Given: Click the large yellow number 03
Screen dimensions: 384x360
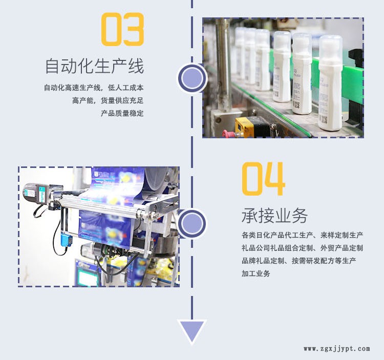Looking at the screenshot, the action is (122, 29).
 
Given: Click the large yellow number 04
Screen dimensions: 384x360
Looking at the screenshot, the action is (264, 179).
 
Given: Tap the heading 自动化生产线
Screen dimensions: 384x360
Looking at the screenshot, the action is (95, 66).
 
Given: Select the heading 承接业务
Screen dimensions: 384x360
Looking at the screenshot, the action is (274, 216).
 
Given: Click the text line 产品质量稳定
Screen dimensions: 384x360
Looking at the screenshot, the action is (122, 113).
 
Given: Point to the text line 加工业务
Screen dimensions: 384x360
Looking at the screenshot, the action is (256, 273).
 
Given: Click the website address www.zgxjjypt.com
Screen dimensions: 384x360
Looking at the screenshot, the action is (337, 349).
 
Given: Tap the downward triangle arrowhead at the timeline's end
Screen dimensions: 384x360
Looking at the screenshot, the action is (192, 331).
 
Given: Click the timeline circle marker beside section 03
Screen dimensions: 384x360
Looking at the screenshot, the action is (192, 78).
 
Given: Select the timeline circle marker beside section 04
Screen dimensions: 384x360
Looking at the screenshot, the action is (192, 223).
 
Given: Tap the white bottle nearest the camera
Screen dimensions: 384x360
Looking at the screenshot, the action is (330, 83).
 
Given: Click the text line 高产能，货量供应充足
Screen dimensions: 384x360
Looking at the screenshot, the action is (108, 101).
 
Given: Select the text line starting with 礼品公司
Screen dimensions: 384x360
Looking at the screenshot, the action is (302, 248).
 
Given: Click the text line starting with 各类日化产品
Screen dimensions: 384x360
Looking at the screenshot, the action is (302, 236).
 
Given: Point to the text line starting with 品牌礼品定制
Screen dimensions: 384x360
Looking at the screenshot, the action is (299, 261).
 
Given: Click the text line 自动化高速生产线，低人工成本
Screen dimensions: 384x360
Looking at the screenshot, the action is (94, 88).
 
